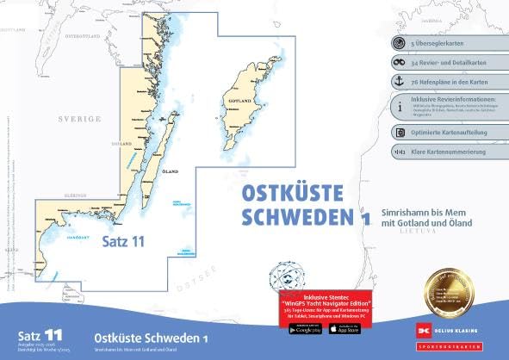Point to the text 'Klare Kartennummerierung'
click(449, 152)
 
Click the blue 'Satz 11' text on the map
click(123, 240)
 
